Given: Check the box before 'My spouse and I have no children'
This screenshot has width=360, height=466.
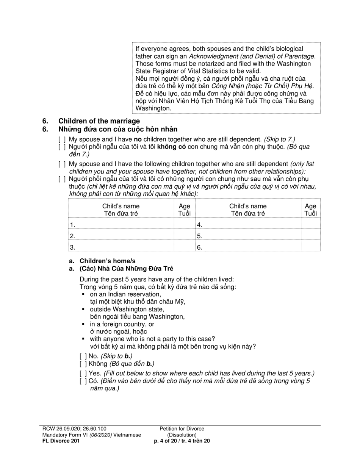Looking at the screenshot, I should pos(62,139).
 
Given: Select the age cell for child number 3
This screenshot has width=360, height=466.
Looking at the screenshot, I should pos(184,247).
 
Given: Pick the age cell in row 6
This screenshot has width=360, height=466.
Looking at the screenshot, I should pos(310,247).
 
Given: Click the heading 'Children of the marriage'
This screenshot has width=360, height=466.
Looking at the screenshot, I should pos(99,121).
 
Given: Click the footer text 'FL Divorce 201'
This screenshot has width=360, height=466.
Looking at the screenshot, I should pos(61,441).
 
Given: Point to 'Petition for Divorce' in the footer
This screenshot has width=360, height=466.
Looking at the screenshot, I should pos(182,429).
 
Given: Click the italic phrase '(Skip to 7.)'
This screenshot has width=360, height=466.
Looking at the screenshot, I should pos(280,139).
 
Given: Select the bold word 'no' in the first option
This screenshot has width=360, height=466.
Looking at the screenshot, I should pos(138,139).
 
